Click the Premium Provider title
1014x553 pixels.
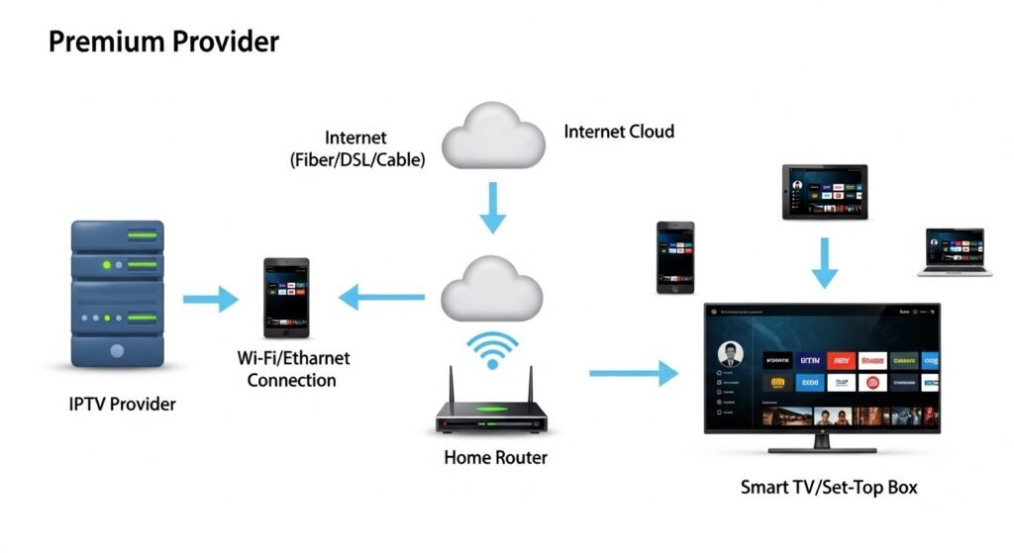pos(163,42)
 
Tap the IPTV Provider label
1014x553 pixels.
pos(123,404)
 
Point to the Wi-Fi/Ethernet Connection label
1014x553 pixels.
pos(292,369)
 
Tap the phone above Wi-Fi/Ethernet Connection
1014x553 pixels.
pos(286,297)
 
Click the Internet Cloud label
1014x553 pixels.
pos(618,132)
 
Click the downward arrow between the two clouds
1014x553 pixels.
pos(492,209)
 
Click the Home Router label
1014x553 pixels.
pos(495,458)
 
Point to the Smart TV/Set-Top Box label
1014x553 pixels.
pos(829,487)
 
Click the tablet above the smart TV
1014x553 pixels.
pos(824,192)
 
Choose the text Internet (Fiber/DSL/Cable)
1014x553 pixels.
pos(356,147)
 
